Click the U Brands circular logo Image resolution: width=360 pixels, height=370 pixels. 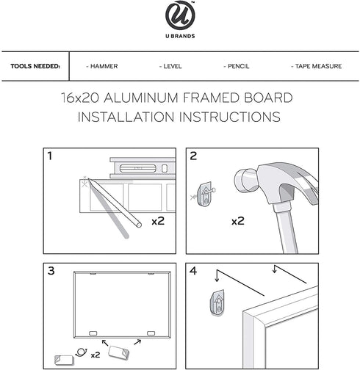pos(180,15)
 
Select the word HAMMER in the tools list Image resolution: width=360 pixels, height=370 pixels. pos(104,66)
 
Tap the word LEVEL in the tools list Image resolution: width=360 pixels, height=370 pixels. pos(173,66)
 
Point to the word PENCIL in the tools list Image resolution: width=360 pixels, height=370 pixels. pos(238,66)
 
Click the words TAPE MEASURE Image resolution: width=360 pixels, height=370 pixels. pos(318,66)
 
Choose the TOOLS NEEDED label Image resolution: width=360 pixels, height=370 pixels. pos(35,66)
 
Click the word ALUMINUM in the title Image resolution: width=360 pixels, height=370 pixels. pos(141,98)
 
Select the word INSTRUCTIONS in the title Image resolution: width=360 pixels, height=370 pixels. pos(230,117)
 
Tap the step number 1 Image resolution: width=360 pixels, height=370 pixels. pos(50,156)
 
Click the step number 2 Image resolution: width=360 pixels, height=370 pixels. pos(193,156)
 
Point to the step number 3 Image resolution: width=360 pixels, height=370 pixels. pos(51,271)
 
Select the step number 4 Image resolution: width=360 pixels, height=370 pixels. pos(193,271)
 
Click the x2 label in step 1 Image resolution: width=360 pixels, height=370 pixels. pos(158,221)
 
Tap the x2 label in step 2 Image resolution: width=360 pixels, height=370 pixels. pos(238,221)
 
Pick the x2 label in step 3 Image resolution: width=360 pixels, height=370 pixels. pos(96,355)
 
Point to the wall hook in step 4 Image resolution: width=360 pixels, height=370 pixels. pos(217,303)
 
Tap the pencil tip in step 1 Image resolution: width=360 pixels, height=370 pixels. pos(89,179)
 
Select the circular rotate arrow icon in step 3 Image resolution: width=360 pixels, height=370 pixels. pos(82,352)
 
